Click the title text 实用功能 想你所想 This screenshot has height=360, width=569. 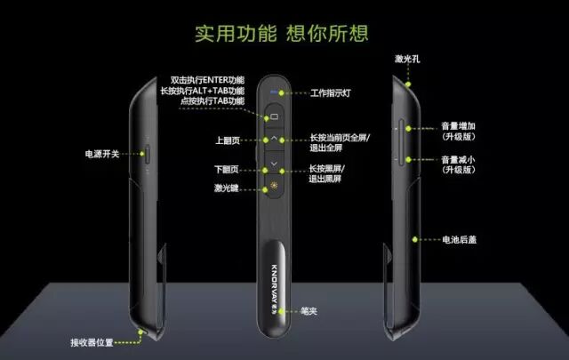(x=283, y=34)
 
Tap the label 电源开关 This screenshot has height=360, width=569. (x=92, y=153)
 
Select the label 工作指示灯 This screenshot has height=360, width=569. (x=332, y=92)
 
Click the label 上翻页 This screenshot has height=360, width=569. (x=226, y=140)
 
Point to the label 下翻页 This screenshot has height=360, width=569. (x=226, y=168)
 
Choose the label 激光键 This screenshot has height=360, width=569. (x=225, y=188)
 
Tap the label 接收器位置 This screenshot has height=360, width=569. (x=94, y=341)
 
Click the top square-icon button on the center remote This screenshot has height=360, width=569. (x=274, y=116)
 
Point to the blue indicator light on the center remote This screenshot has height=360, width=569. (x=274, y=92)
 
